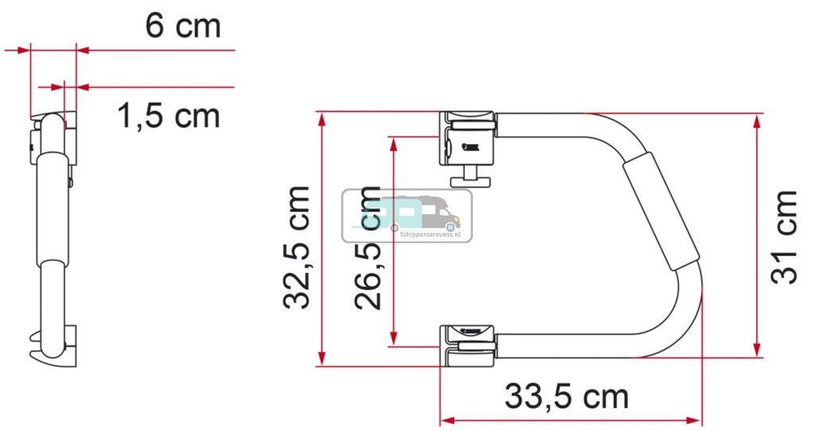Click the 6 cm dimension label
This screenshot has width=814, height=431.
182,26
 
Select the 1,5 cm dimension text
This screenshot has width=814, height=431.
168,116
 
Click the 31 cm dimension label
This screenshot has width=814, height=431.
785,236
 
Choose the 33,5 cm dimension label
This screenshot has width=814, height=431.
566,395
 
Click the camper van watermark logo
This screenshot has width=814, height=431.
406,215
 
